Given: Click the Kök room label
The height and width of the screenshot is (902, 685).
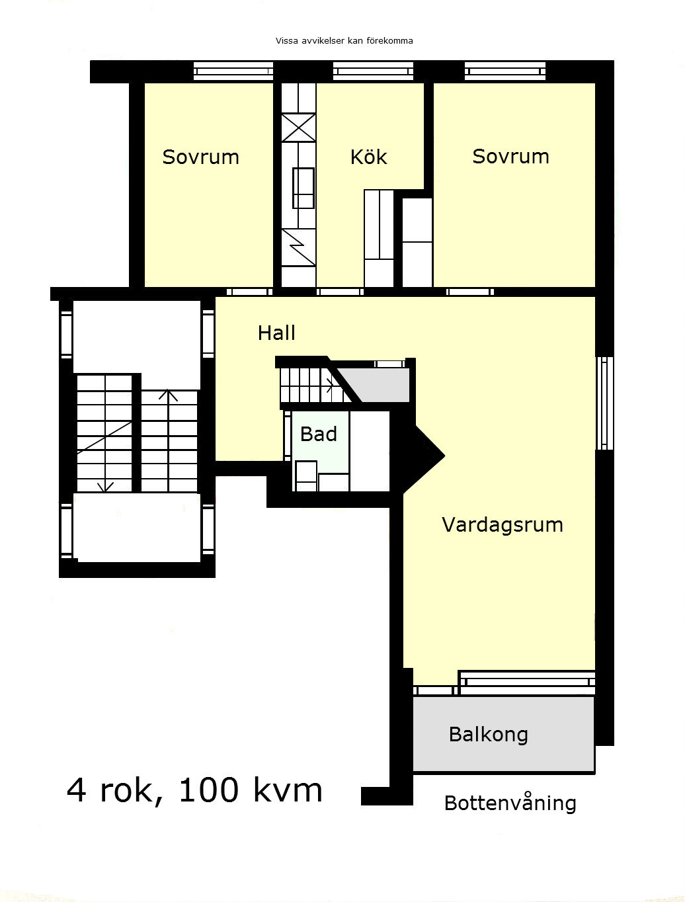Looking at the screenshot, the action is click(368, 157).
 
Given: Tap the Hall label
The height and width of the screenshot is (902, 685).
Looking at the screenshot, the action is click(276, 333).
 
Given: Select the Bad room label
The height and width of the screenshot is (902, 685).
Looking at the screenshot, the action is click(319, 434).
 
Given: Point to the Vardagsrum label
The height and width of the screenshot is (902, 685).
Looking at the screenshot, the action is click(503, 525).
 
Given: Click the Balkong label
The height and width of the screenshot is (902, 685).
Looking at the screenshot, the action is click(489, 735).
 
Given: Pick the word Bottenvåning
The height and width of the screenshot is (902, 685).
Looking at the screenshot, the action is click(510, 803).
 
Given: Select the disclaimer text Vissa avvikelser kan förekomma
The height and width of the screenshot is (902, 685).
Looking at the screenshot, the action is click(344, 41).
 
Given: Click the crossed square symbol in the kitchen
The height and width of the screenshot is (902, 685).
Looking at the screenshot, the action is click(299, 128).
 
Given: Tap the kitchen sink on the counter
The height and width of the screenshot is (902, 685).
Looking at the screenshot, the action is click(303, 188).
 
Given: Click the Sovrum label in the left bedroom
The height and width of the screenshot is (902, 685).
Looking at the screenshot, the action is click(201, 157).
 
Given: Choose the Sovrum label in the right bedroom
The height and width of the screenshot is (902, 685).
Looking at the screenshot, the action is click(510, 157).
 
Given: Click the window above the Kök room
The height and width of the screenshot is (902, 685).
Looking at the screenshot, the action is click(373, 71).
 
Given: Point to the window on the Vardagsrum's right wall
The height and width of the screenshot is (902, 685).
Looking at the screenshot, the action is click(604, 403).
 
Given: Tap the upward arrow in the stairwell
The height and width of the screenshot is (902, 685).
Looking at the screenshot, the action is click(168, 440).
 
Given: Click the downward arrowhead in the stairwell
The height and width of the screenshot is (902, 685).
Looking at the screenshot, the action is click(105, 487).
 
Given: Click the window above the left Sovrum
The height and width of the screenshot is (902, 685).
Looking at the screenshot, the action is click(233, 71).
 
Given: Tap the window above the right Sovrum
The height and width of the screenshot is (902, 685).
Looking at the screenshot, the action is click(505, 71).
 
